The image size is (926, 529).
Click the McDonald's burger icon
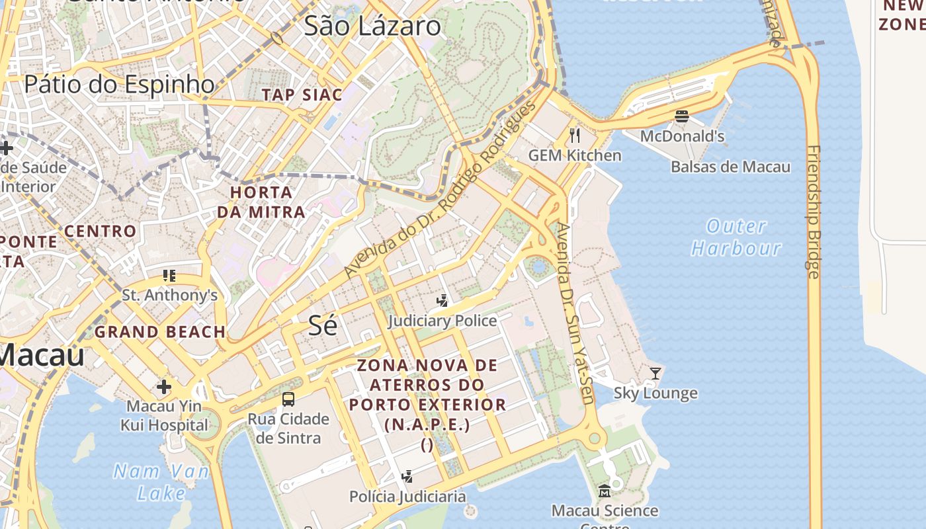click(x=682, y=116)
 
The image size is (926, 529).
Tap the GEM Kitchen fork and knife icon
click(x=575, y=136)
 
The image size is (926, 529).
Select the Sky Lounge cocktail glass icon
click(x=655, y=374)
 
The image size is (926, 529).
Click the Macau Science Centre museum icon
click(x=605, y=491)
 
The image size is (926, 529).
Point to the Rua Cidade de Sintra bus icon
click(x=288, y=399)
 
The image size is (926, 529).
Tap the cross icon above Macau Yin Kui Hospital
click(x=164, y=386)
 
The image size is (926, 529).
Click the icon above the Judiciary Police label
click(x=442, y=301)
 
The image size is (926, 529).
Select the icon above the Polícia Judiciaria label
click(x=407, y=476)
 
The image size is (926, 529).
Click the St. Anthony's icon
click(x=169, y=275)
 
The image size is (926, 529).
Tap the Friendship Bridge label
click(x=814, y=212)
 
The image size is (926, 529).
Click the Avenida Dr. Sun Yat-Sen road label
click(x=574, y=313)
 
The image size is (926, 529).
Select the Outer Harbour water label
click(x=736, y=237)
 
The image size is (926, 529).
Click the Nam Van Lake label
click(x=161, y=482)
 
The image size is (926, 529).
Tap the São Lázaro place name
click(x=372, y=26)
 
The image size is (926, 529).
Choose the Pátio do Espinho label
click(x=120, y=85)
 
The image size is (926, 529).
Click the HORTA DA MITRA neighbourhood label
click(x=261, y=202)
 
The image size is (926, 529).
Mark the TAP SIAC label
click(x=302, y=95)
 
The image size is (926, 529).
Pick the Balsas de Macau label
click(x=730, y=167)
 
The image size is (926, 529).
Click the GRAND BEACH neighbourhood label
click(x=159, y=332)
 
